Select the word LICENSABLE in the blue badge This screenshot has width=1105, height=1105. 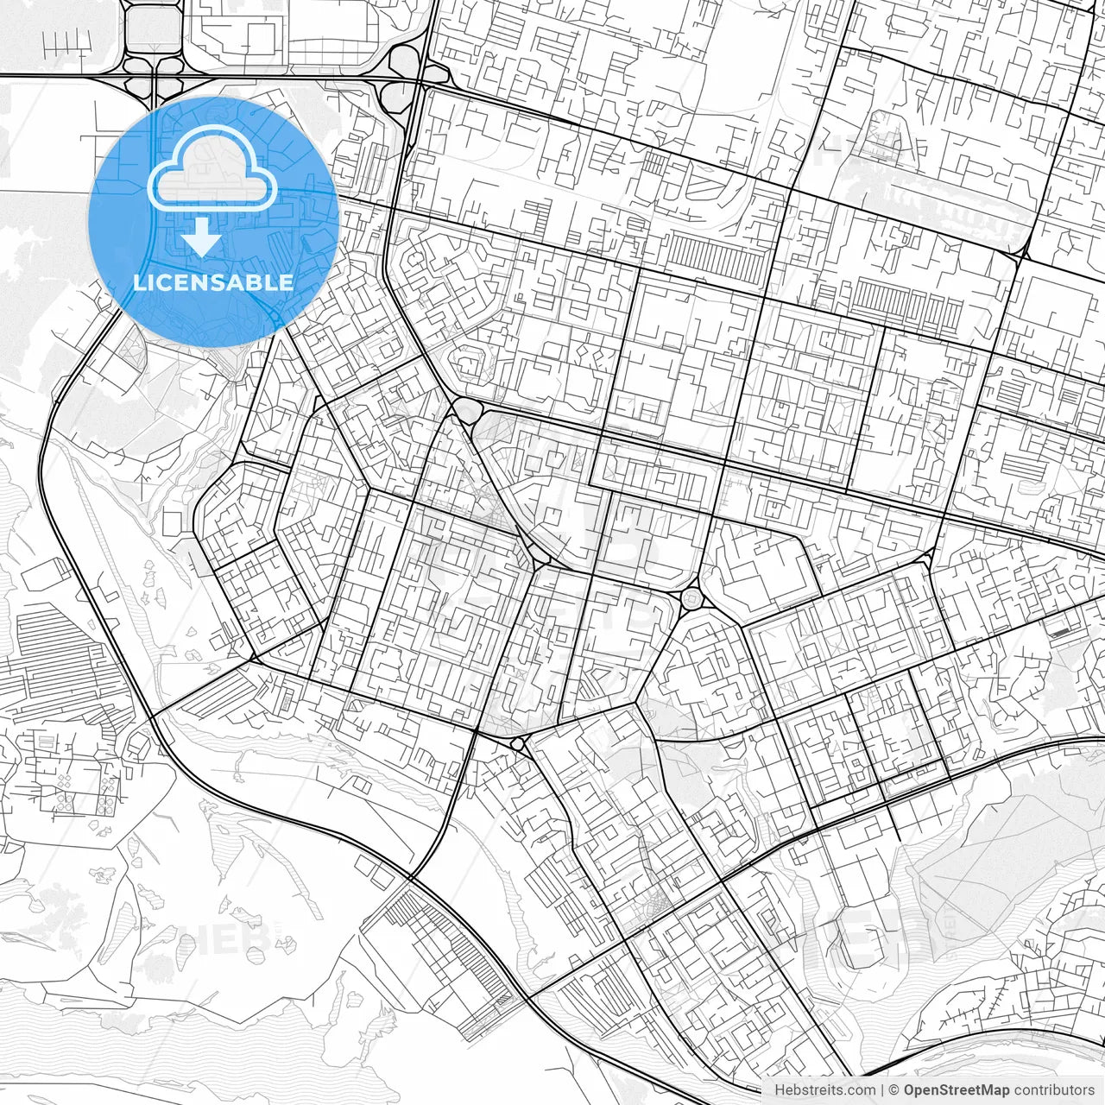tap(213, 282)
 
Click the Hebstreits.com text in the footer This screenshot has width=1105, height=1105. tap(824, 1090)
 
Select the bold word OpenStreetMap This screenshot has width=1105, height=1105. tap(957, 1090)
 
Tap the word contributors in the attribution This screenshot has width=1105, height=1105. tap(1054, 1090)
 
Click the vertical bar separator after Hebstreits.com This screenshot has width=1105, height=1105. tap(881, 1090)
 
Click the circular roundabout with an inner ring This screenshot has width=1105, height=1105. tap(692, 597)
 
